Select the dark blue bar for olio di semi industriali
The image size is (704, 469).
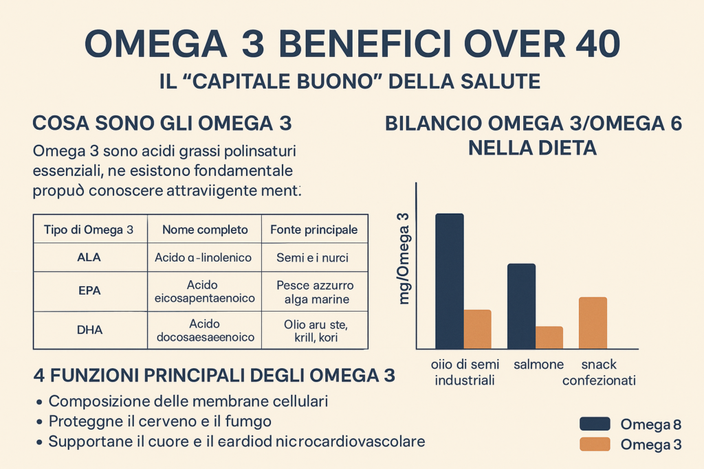pos(450,281)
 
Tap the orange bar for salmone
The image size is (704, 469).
pos(549,337)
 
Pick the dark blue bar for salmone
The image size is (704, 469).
pos(521,306)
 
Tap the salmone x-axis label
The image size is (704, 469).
pos(539,364)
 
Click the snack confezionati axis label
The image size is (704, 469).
pos(599,372)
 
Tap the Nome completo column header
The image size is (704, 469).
pos(205,230)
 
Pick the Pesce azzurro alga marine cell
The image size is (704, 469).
pos(314,292)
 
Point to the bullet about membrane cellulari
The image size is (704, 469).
pos(188,401)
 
